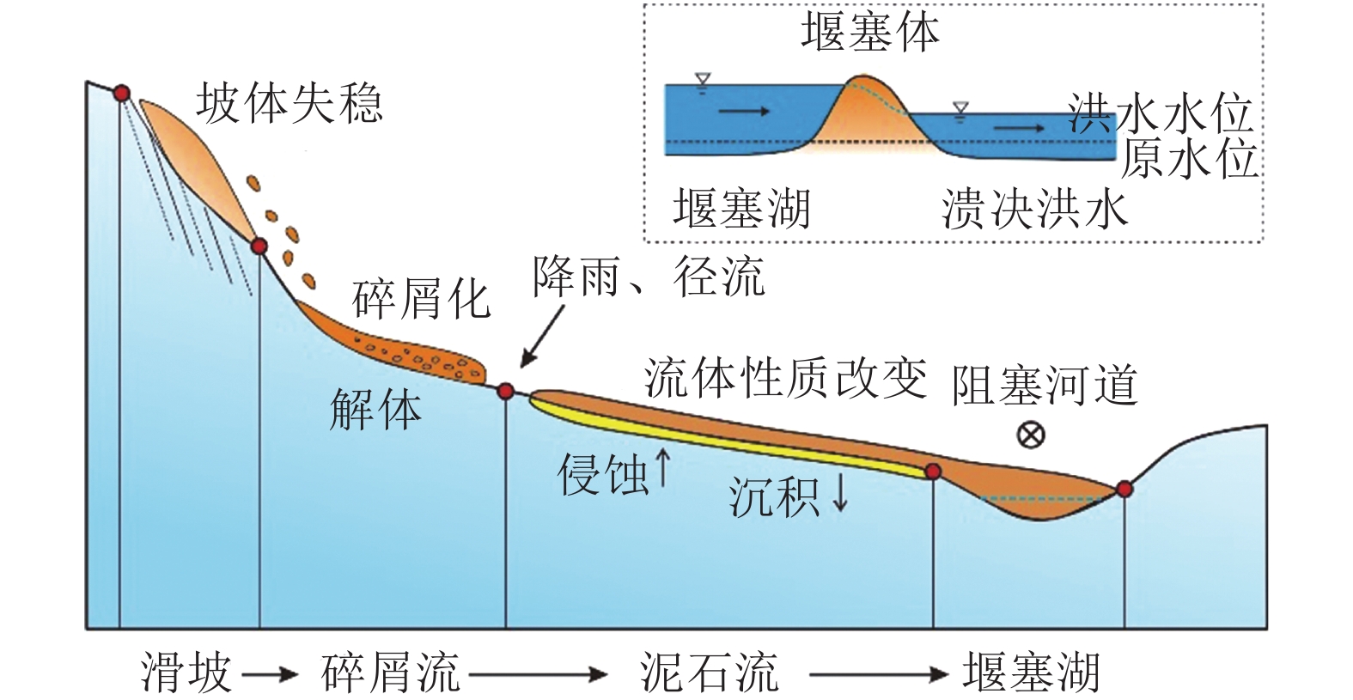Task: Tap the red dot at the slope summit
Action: pyautogui.click(x=122, y=93)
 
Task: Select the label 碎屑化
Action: pyautogui.click(x=421, y=299)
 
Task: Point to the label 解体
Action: pyautogui.click(x=375, y=410)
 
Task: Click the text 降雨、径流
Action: pyautogui.click(x=649, y=277)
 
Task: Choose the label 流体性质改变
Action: pyautogui.click(x=785, y=378)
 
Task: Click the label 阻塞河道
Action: pyautogui.click(x=1044, y=385)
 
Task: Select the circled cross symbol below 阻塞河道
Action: pyautogui.click(x=1030, y=435)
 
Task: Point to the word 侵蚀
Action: pyautogui.click(x=603, y=474)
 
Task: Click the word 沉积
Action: pyautogui.click(x=774, y=496)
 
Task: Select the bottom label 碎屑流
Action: pyautogui.click(x=391, y=672)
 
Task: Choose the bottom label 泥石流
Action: pyautogui.click(x=709, y=672)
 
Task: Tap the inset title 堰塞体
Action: pyautogui.click(x=870, y=33)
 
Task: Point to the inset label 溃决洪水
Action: pyautogui.click(x=1034, y=209)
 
